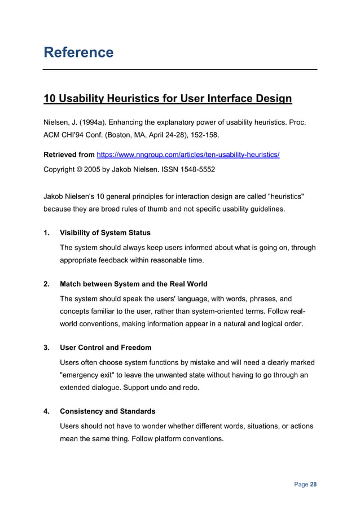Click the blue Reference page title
[x=78, y=52]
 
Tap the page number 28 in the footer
[x=313, y=485]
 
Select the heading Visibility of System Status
[x=105, y=232]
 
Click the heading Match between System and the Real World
[x=133, y=284]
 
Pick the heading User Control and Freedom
[x=106, y=348]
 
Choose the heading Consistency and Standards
[x=107, y=411]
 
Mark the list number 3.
[x=47, y=348]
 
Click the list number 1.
[x=47, y=232]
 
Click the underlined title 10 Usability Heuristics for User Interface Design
[x=168, y=99]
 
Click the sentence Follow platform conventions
[x=178, y=438]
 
